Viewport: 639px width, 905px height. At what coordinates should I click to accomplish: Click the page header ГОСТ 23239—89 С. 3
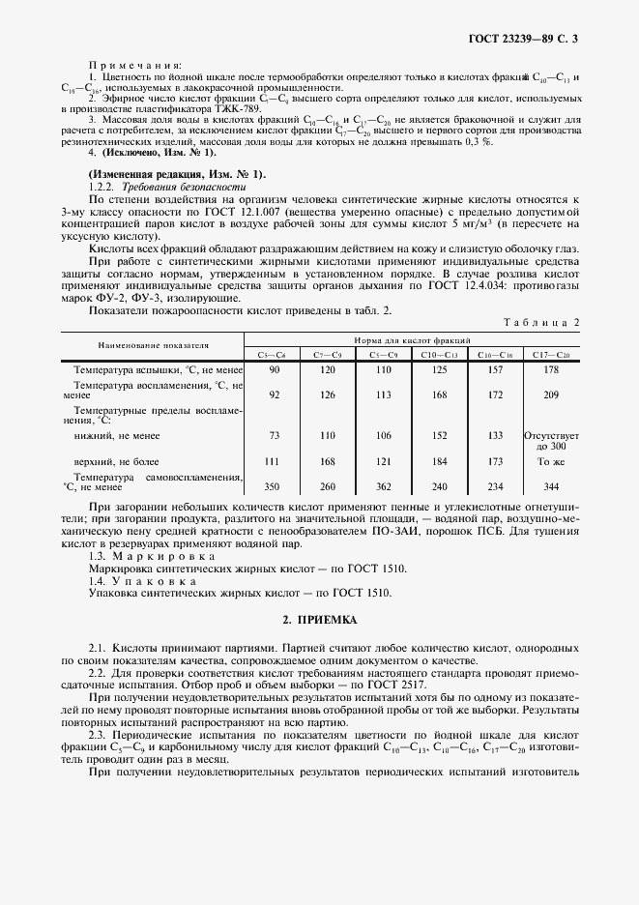pyautogui.click(x=523, y=40)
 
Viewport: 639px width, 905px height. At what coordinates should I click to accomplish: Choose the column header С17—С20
pyautogui.click(x=550, y=355)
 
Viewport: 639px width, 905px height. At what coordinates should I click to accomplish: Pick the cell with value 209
pyautogui.click(x=550, y=394)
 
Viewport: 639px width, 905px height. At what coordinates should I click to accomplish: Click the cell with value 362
pyautogui.click(x=382, y=487)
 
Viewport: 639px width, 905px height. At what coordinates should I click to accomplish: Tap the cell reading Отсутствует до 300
pyautogui.click(x=550, y=441)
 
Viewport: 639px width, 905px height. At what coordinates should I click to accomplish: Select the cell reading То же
pyautogui.click(x=550, y=462)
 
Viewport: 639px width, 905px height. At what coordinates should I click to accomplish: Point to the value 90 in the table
pyautogui.click(x=274, y=370)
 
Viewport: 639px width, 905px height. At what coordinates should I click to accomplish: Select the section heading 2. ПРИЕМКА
pyautogui.click(x=319, y=620)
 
